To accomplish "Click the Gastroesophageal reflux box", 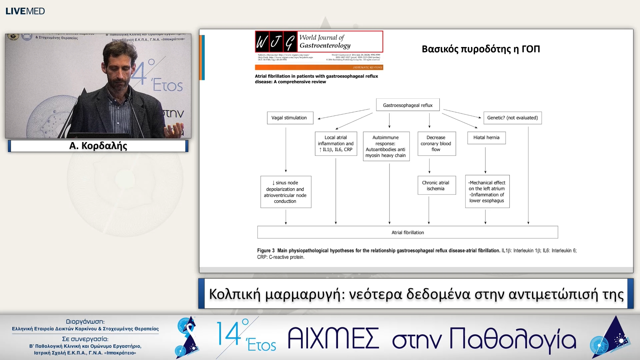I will pyautogui.click(x=407, y=105).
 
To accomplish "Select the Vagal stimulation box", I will pyautogui.click(x=290, y=118).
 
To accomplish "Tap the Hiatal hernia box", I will pyautogui.click(x=486, y=137).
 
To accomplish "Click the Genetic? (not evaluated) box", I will pyautogui.click(x=512, y=118).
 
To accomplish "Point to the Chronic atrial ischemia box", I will pyautogui.click(x=436, y=185).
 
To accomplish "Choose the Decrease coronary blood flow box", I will pyautogui.click(x=436, y=143).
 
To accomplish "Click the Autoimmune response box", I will pyautogui.click(x=386, y=146).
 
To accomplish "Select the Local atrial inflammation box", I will pyautogui.click(x=336, y=143).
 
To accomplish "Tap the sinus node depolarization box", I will pyautogui.click(x=285, y=192).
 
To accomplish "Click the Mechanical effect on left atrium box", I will pyautogui.click(x=487, y=191).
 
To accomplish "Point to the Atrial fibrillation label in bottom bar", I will pyautogui.click(x=407, y=232).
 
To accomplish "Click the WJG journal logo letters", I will pyautogui.click(x=276, y=42).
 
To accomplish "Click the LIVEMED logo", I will pyautogui.click(x=25, y=11).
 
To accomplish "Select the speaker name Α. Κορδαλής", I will pyautogui.click(x=98, y=146).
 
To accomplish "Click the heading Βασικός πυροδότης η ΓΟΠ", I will pyautogui.click(x=480, y=49).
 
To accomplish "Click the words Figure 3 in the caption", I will pyautogui.click(x=266, y=251).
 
